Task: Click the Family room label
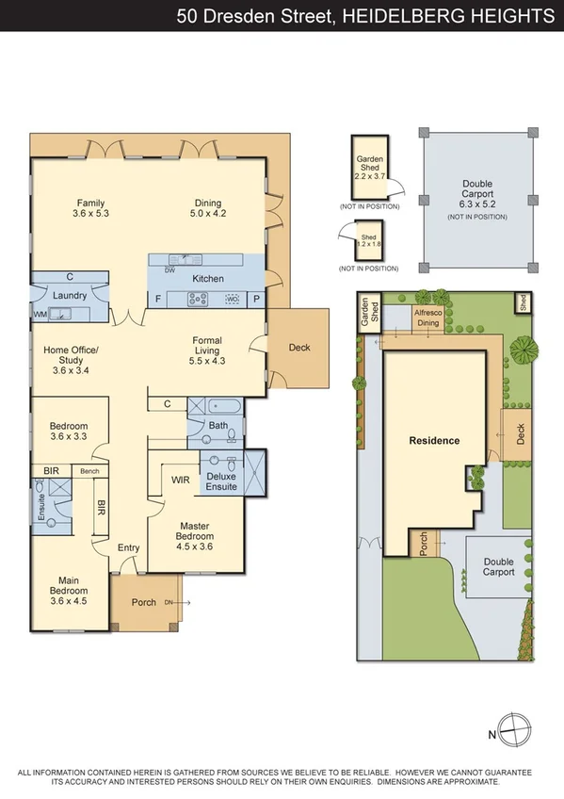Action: point(90,207)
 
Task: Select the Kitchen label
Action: point(207,279)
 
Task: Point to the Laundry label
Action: point(71,296)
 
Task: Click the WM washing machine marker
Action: point(40,314)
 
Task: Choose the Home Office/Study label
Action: point(71,359)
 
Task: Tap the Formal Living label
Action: point(207,350)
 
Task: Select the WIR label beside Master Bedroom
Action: point(181,480)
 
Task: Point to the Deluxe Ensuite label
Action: point(222,481)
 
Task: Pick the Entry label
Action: point(127,547)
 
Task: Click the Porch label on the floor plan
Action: point(144,602)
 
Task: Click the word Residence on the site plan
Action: point(433,440)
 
